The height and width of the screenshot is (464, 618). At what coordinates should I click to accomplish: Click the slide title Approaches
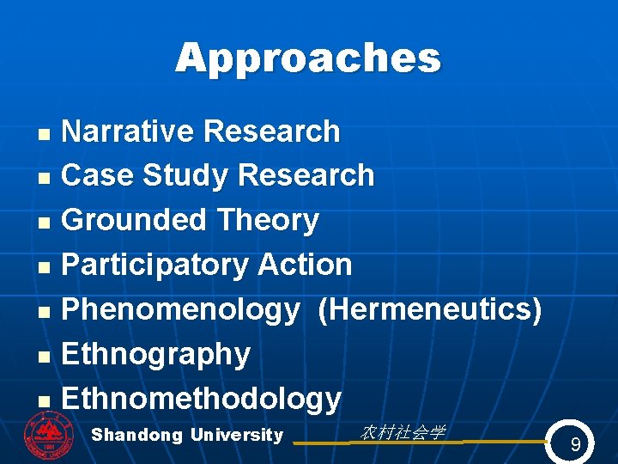308,58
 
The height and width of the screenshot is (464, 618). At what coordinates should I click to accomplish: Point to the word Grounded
136,220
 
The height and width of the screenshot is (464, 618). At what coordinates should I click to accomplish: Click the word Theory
268,220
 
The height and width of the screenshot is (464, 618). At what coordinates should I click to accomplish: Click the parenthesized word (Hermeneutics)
429,309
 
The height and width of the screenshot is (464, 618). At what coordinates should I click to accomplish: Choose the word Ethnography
156,354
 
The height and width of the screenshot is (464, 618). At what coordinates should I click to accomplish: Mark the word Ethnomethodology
202,399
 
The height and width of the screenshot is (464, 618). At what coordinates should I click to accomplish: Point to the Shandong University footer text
187,435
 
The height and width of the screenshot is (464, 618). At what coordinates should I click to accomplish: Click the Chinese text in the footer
402,432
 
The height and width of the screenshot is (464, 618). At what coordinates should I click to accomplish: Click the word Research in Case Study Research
306,175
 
